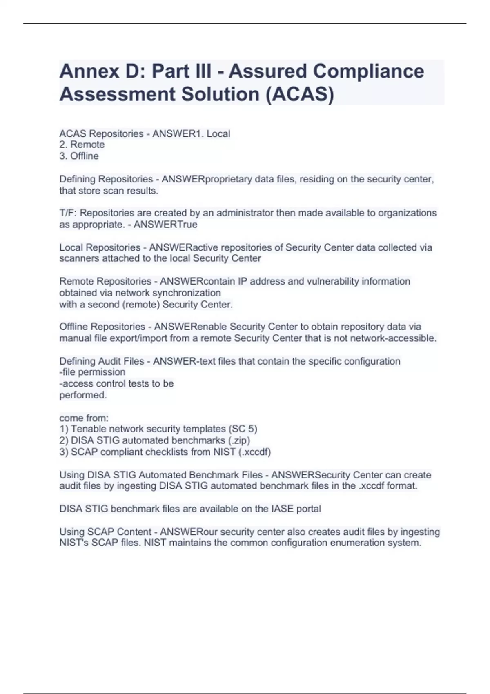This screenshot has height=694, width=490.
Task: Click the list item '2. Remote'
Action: [82, 145]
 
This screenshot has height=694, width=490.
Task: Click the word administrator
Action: [245, 213]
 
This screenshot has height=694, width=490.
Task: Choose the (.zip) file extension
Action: [239, 440]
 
